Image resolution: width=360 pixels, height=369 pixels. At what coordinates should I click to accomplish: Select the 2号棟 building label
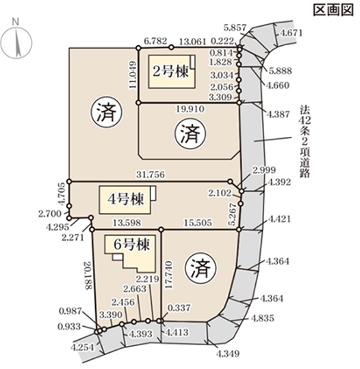coord(170,72)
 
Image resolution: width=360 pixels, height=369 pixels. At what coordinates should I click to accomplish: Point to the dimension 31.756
coord(149,175)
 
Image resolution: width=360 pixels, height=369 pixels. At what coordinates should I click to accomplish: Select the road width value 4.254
coord(82,347)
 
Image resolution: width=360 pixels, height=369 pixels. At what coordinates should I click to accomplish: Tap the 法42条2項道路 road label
coord(305,142)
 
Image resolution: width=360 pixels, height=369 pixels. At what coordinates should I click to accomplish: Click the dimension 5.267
coord(232,213)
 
